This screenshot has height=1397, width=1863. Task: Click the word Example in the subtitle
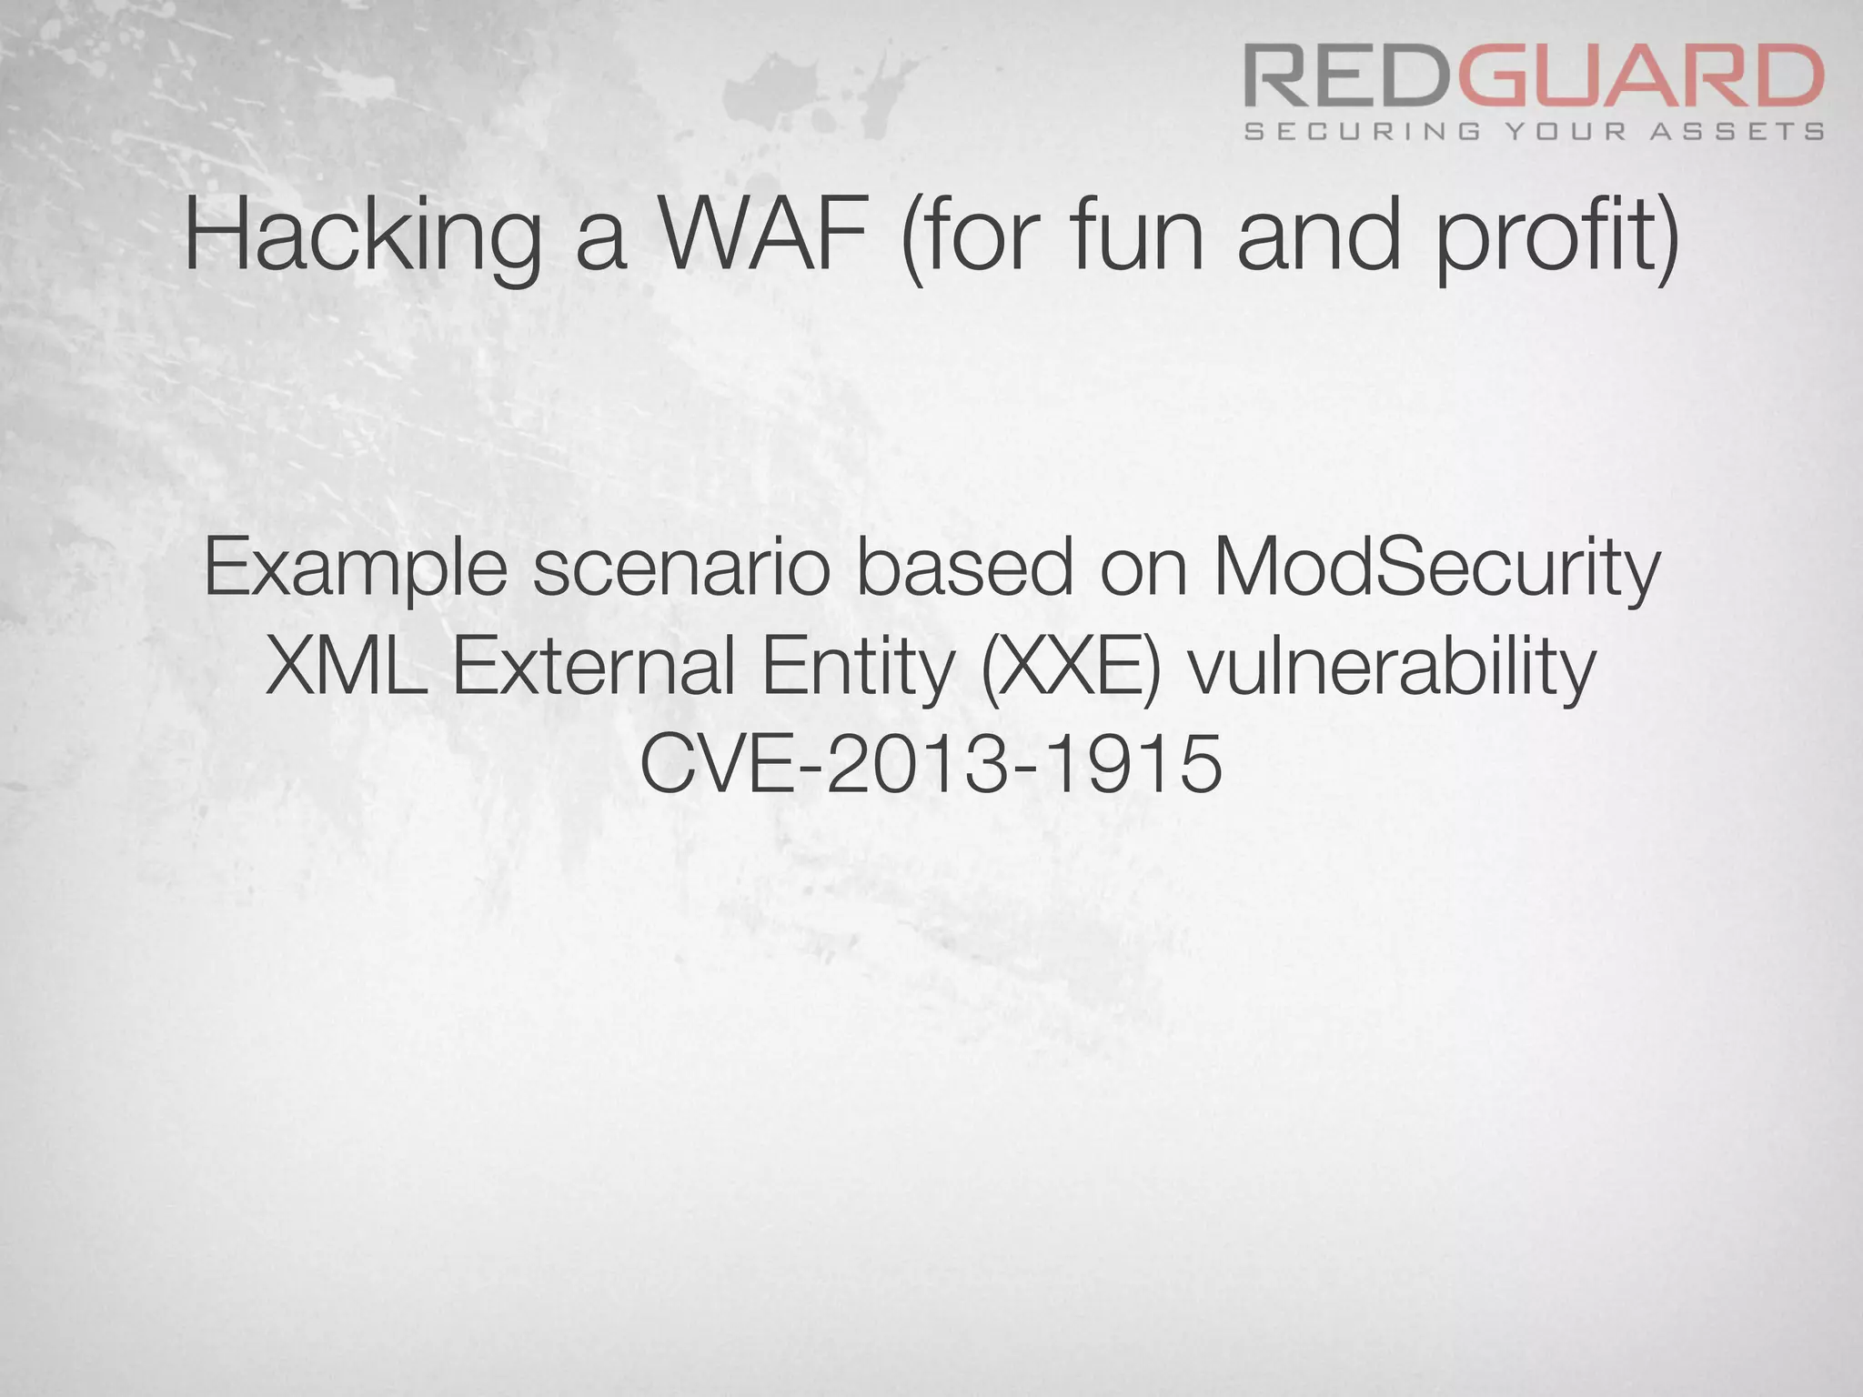356,569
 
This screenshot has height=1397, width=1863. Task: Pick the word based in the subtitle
964,568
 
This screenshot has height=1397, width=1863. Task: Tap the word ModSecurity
1436,569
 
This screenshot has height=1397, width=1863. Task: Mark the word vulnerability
1393,669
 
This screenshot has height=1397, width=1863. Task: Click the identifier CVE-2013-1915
931,764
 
